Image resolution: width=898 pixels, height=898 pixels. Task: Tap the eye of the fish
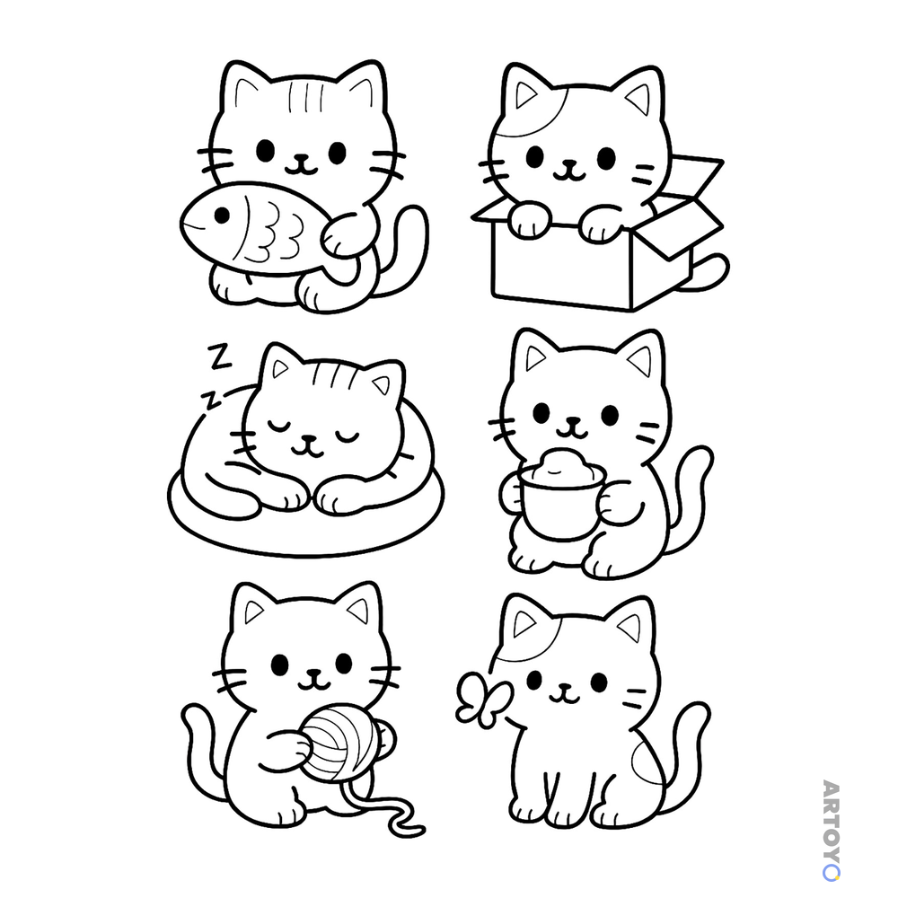click(x=222, y=216)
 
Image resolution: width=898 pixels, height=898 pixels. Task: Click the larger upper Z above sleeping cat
click(x=220, y=357)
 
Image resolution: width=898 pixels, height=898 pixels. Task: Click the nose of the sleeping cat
click(x=309, y=439)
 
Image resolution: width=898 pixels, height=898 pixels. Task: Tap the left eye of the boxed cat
click(x=534, y=156)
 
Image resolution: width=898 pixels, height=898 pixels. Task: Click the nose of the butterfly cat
click(x=566, y=686)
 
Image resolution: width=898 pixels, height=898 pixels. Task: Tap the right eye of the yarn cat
click(x=344, y=663)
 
